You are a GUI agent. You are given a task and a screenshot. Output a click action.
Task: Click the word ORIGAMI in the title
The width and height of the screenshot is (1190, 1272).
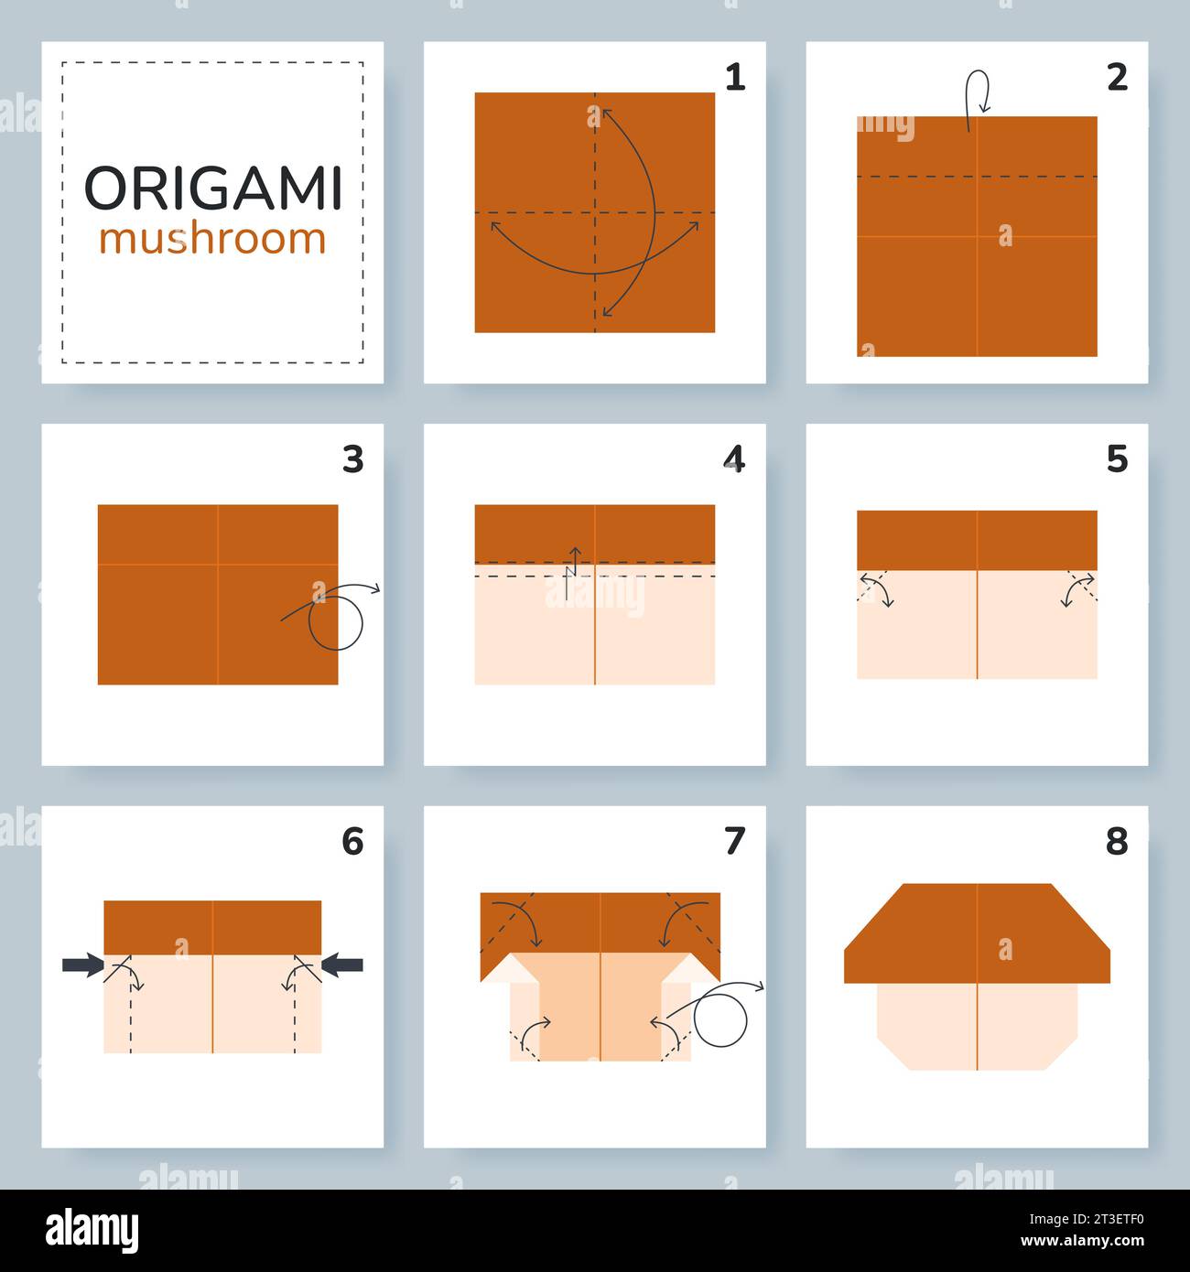pyautogui.click(x=212, y=189)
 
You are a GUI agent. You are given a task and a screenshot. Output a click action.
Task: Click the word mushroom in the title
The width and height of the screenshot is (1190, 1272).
pyautogui.click(x=212, y=239)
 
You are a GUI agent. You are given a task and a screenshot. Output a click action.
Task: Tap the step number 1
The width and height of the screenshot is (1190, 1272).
pyautogui.click(x=734, y=79)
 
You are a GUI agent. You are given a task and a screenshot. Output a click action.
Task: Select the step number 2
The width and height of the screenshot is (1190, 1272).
pyautogui.click(x=1117, y=79)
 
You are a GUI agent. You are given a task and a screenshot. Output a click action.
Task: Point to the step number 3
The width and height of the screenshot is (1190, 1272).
pyautogui.click(x=353, y=459)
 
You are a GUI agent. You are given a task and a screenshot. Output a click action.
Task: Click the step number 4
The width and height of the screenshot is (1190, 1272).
pyautogui.click(x=734, y=459)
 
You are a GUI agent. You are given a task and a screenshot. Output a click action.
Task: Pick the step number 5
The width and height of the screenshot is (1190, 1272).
pyautogui.click(x=1117, y=459)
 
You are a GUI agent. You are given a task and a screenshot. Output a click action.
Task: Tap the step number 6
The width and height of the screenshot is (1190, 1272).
pyautogui.click(x=353, y=841)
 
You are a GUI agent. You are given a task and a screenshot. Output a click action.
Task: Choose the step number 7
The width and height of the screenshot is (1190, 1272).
pyautogui.click(x=734, y=841)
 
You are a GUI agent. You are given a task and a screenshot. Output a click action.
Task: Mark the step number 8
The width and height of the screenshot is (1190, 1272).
pyautogui.click(x=1117, y=841)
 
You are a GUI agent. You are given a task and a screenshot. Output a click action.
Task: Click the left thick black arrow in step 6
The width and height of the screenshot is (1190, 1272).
pyautogui.click(x=82, y=965)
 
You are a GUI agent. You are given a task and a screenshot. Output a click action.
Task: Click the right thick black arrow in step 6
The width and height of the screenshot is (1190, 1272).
pyautogui.click(x=343, y=965)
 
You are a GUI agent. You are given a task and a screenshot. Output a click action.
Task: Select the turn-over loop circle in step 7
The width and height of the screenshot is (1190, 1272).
pyautogui.click(x=720, y=1019)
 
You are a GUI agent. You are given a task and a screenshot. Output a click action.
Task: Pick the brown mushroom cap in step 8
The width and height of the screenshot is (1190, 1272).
pyautogui.click(x=976, y=933)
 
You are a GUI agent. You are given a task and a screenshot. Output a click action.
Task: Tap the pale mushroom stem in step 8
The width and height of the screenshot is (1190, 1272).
pyautogui.click(x=976, y=1025)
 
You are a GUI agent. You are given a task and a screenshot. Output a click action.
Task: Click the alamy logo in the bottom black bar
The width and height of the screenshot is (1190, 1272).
pyautogui.click(x=92, y=1231)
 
